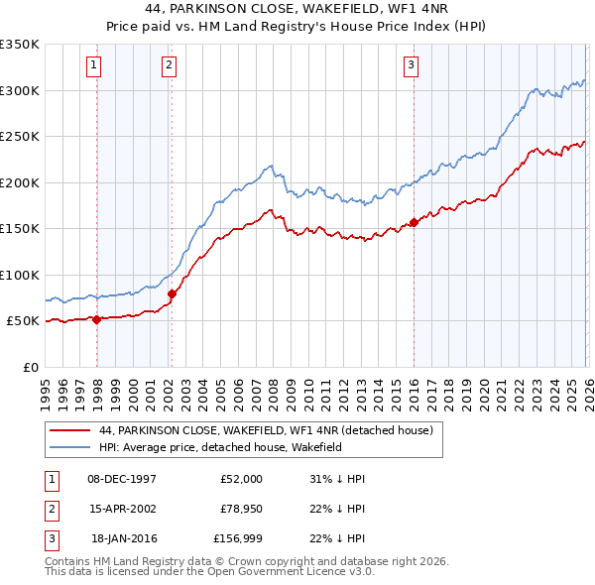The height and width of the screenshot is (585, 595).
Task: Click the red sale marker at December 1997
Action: [97, 319]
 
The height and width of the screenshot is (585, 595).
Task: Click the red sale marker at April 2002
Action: [172, 293]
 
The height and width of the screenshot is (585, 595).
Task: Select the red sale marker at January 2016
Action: [414, 222]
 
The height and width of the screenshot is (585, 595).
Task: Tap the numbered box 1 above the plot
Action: [93, 65]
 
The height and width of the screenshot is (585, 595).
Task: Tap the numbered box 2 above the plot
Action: [169, 65]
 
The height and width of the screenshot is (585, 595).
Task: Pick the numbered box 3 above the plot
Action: [411, 65]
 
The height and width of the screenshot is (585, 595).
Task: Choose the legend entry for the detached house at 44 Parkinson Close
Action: [266, 431]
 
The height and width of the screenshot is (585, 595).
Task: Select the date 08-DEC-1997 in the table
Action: [122, 479]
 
